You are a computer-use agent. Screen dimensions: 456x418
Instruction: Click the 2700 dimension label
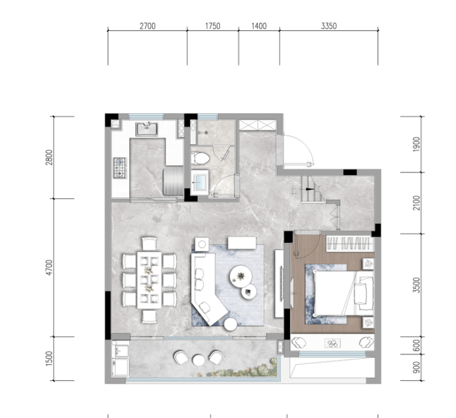147,26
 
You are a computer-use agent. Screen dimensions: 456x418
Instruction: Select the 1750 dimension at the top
213,26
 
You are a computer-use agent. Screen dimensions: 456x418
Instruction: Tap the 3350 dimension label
328,26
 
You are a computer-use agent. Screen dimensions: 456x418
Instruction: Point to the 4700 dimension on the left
50,268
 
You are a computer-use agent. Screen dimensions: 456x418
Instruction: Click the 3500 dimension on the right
417,285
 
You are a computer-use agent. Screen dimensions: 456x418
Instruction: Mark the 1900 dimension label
417,144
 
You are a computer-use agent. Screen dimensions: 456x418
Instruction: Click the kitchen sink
147,129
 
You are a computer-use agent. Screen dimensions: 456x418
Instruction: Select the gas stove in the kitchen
120,168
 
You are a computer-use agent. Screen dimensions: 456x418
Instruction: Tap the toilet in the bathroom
200,158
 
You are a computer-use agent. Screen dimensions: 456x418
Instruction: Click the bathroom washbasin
200,182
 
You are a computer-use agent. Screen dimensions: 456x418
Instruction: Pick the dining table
150,280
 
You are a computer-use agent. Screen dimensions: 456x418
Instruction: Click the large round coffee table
241,276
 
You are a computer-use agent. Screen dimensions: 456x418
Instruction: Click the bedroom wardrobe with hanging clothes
349,244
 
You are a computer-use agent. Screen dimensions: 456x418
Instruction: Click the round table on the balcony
198,360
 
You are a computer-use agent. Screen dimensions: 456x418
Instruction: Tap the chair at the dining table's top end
150,243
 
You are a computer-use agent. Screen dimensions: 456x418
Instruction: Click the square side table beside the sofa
202,244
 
